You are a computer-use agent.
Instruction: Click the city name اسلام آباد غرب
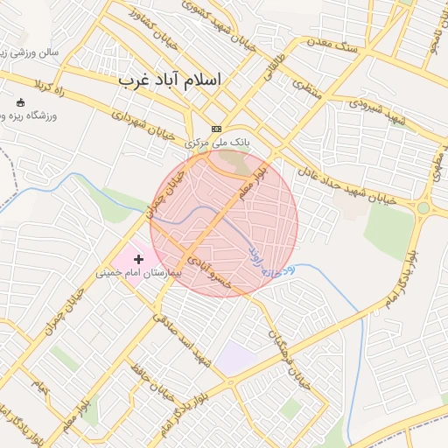click(170, 80)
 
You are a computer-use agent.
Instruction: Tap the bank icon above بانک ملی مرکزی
click(216, 129)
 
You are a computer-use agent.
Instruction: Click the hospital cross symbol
click(138, 259)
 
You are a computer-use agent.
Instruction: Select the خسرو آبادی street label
click(215, 270)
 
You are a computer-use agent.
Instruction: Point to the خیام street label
click(37, 386)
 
